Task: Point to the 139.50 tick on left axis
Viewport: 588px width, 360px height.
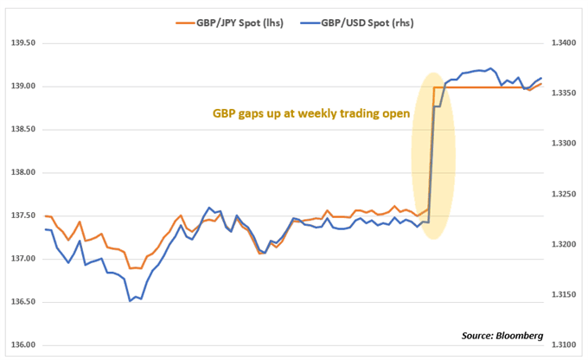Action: point(20,42)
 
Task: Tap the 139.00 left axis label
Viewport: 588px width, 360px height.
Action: point(20,86)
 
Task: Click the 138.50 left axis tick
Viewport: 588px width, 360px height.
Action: point(20,129)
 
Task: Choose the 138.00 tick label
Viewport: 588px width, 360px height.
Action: point(20,172)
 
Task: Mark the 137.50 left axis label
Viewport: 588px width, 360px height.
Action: point(20,215)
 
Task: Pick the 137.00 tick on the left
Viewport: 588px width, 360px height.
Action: point(20,259)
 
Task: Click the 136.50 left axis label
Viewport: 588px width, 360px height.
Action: point(20,302)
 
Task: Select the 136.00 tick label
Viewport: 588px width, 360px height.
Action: point(20,345)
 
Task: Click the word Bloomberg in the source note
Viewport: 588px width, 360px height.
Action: point(518,336)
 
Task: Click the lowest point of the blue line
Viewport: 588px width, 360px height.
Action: point(131,300)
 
